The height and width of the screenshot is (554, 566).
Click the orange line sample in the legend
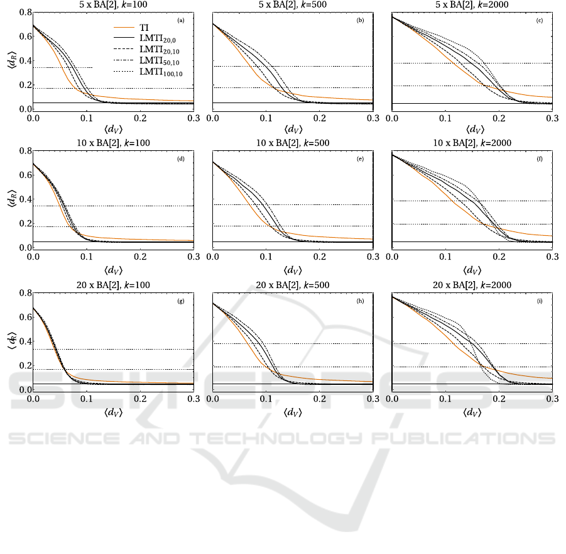123,28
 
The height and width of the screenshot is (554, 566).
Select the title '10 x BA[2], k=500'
293,143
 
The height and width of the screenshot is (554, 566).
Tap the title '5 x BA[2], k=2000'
472,4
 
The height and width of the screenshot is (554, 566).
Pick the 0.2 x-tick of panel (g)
140,399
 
